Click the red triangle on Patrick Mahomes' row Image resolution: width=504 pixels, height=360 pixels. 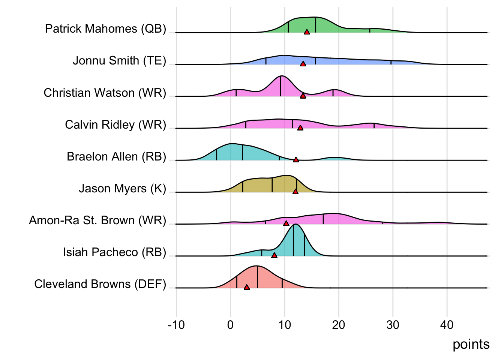point(307,32)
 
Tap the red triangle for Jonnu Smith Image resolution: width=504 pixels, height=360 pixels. point(303,64)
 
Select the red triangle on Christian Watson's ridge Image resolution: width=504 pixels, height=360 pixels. point(303,96)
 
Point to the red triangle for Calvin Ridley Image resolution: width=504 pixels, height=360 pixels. point(300,128)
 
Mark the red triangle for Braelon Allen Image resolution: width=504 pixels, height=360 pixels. point(296,160)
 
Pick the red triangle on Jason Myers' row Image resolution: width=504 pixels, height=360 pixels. point(295,192)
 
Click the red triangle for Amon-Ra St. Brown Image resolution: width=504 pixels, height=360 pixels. point(286,223)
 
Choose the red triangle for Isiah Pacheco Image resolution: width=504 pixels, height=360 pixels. point(274,255)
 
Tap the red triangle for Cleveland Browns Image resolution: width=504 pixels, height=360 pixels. point(247,287)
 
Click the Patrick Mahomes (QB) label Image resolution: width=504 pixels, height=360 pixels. point(105,29)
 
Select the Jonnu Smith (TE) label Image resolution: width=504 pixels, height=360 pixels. point(119,61)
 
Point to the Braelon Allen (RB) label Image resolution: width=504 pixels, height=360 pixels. point(116,156)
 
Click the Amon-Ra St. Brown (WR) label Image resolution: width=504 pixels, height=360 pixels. point(97,220)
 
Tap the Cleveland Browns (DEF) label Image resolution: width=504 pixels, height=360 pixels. point(100,284)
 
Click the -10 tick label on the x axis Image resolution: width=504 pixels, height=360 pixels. point(176,325)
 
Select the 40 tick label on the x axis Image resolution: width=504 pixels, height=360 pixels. point(447,325)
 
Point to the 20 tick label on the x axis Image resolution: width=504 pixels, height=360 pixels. point(339,325)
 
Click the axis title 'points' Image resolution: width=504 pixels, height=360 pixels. point(471,344)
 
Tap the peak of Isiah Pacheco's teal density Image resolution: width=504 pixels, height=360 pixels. point(295,224)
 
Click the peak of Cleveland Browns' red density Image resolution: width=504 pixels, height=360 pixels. point(256,266)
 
